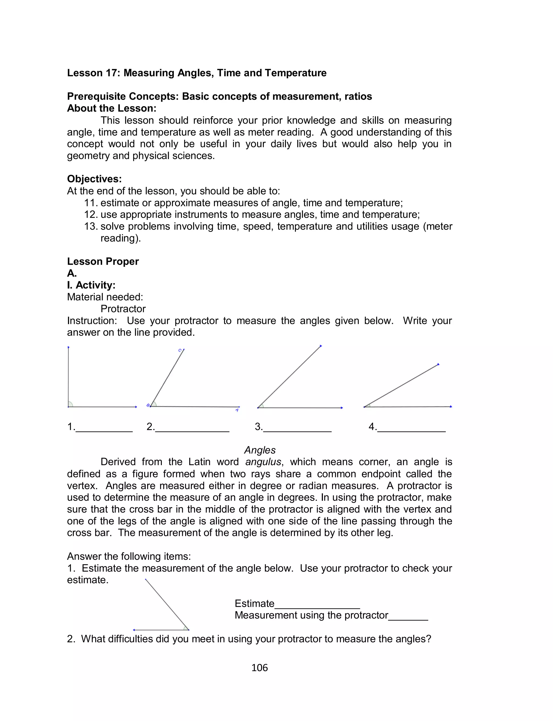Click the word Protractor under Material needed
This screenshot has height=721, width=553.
[x=123, y=308]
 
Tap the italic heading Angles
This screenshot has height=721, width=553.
[x=260, y=450]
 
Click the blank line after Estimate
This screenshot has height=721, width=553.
[x=317, y=607]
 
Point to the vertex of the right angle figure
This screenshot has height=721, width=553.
[x=69, y=407]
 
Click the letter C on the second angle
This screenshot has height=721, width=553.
[x=180, y=350]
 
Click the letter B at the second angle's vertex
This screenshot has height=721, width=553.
[x=148, y=405]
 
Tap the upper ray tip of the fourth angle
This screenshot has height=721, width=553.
[x=438, y=364]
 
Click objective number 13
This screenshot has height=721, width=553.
[x=91, y=226]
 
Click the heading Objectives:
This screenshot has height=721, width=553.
[x=95, y=179]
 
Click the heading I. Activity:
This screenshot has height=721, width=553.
[x=91, y=285]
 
